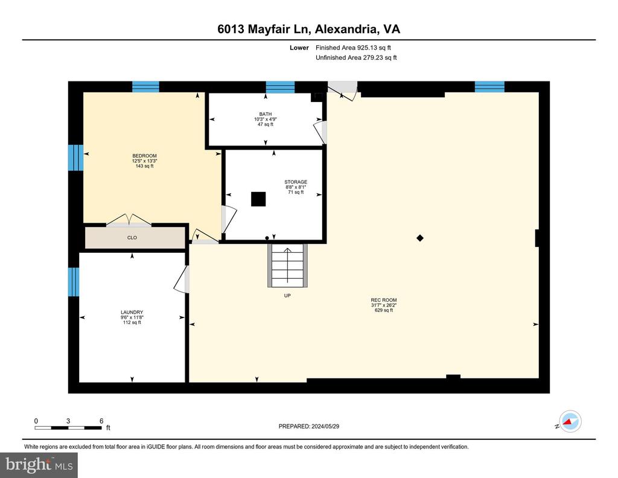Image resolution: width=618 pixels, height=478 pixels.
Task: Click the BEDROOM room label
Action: pos(144,156)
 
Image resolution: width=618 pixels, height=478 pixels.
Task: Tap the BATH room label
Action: pos(266,114)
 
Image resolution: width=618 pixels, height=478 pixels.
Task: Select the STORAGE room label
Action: pos(296,182)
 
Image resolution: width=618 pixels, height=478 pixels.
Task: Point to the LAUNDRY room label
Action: pos(132,312)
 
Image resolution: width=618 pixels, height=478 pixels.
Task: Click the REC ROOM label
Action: pos(383,300)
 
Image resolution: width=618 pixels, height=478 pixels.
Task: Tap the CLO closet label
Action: pos(132,238)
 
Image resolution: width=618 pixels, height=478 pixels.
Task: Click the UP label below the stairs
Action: pos(287,296)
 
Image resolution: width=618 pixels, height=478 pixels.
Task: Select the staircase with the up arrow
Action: pos(287,266)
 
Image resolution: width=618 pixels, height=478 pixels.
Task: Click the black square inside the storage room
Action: pos(258,199)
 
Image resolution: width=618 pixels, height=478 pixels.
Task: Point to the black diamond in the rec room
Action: pos(420,238)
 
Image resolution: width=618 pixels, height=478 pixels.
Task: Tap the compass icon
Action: pos(570,421)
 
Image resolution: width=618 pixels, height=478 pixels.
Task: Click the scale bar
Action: pos(68,427)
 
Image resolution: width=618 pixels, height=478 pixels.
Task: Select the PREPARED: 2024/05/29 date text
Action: pos(308,426)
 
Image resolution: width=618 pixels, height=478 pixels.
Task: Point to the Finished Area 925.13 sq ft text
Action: pos(353,48)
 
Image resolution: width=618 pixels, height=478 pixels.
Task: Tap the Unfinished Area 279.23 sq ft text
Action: pos(356,57)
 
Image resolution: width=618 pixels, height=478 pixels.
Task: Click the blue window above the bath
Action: pos(280,87)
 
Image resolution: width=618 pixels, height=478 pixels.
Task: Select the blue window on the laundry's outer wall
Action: pos(74,282)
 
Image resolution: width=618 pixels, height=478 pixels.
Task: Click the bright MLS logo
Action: pos(39,465)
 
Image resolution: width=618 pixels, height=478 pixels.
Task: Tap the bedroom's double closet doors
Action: pos(129,220)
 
